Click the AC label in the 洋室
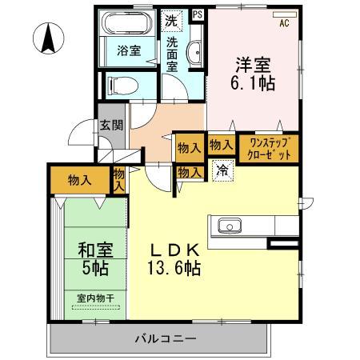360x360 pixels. [x=284, y=22]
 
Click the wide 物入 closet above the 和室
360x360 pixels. [x=78, y=180]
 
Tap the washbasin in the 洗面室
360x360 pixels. [x=194, y=55]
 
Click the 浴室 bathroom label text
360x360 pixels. [x=129, y=50]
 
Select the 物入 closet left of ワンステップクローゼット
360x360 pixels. [x=220, y=145]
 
